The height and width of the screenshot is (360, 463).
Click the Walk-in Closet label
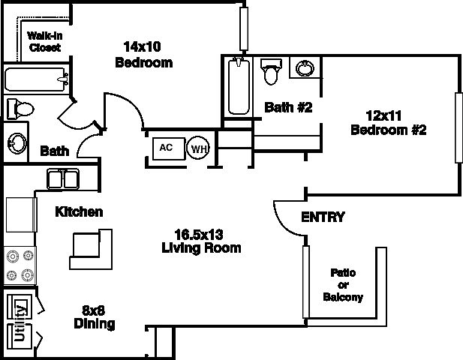[44, 40]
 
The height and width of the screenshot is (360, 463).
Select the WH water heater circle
[199, 148]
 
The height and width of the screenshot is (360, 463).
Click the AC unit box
[167, 147]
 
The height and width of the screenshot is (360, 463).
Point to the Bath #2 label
[287, 107]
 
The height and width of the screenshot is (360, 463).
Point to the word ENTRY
[323, 217]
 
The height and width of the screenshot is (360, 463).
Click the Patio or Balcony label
[343, 285]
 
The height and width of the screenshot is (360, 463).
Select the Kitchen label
[79, 212]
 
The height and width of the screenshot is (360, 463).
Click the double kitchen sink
[63, 179]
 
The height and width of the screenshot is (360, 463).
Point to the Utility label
[21, 320]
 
